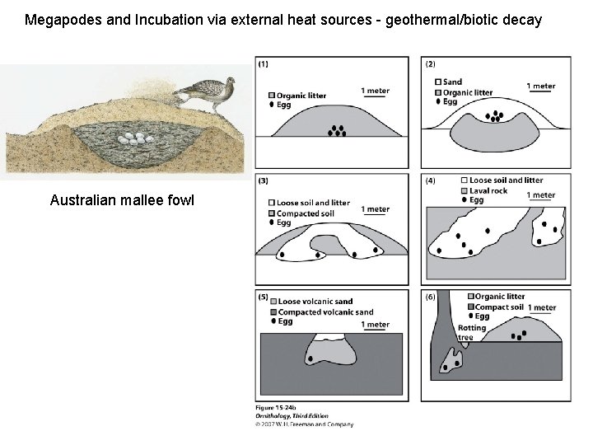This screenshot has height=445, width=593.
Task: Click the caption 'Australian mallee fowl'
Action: (x=122, y=200)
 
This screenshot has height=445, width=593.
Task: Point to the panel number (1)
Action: (x=263, y=63)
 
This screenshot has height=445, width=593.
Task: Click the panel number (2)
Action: (x=431, y=63)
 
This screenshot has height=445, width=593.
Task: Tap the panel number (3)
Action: (x=263, y=180)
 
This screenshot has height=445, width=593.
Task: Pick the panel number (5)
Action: (x=264, y=297)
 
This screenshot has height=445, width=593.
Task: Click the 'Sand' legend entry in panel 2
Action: (x=452, y=82)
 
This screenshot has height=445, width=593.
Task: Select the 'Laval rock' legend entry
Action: (x=493, y=190)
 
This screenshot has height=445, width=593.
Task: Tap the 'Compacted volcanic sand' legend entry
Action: (x=325, y=312)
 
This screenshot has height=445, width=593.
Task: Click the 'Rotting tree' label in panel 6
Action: (x=472, y=333)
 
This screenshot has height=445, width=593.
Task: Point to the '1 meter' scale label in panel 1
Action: (x=375, y=91)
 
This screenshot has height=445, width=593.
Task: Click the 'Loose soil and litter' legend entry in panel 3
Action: (x=313, y=203)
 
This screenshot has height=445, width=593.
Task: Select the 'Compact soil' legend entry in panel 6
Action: (x=499, y=307)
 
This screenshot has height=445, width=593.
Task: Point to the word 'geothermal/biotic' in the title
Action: (x=404, y=19)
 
